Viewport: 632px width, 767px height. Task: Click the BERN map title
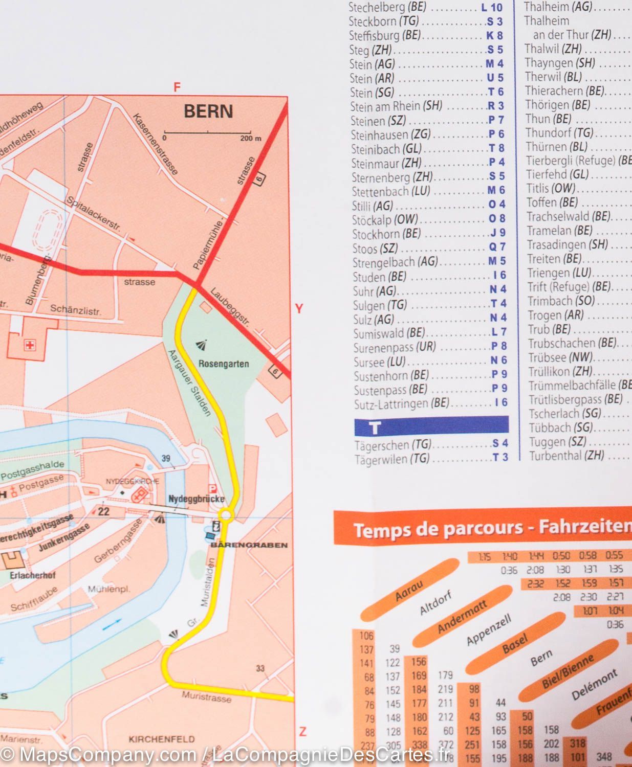208,111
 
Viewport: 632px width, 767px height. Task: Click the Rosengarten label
224,364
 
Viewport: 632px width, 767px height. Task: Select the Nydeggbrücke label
197,499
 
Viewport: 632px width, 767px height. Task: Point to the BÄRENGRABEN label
249,545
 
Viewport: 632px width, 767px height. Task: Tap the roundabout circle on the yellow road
226,515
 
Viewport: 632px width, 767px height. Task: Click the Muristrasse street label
206,696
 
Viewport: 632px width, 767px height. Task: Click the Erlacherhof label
32,575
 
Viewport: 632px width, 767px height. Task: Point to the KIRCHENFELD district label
162,739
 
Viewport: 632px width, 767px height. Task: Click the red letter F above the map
177,87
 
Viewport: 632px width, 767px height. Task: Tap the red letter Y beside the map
299,308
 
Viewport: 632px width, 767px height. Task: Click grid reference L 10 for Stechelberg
492,8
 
